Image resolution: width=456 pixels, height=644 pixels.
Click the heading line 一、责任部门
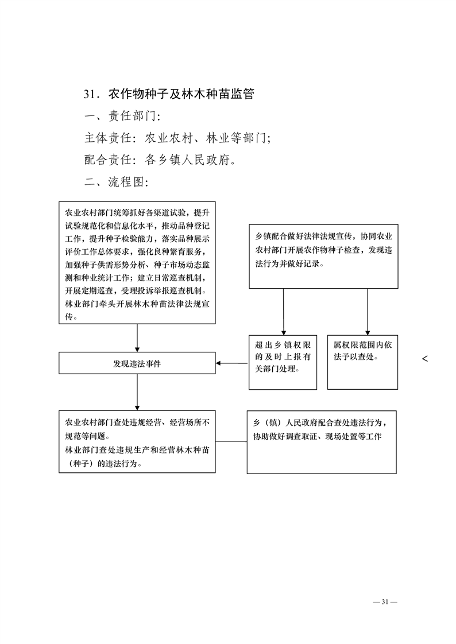click(x=122, y=116)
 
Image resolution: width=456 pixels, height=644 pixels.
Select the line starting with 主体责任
click(x=177, y=138)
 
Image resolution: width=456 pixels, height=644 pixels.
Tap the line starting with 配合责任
click(x=160, y=160)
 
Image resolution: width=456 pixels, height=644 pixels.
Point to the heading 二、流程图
click(x=116, y=181)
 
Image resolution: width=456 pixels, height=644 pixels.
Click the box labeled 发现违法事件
click(x=137, y=363)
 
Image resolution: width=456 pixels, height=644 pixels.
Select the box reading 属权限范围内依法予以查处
click(x=362, y=362)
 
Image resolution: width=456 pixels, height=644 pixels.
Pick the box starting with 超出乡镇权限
click(x=283, y=362)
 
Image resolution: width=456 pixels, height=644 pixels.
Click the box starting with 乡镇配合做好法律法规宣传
click(x=323, y=257)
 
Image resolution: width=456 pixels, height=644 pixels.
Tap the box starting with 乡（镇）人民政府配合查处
click(x=322, y=442)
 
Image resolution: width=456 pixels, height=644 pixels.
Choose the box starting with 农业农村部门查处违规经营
click(x=137, y=441)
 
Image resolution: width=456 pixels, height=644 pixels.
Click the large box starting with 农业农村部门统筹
click(x=137, y=262)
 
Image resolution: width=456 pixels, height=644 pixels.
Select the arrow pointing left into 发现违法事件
click(x=231, y=363)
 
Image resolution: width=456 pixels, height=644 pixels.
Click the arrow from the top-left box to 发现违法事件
click(x=137, y=338)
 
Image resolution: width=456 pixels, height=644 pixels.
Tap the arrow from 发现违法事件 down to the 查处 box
click(x=137, y=392)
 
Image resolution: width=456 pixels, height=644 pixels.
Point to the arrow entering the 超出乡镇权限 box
click(x=283, y=312)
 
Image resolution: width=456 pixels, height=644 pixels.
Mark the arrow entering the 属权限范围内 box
click(x=368, y=312)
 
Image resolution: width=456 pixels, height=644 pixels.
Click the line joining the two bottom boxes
click(x=231, y=441)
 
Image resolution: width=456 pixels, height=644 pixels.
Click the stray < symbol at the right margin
click(x=425, y=359)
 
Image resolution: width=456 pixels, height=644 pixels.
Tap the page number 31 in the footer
click(x=385, y=602)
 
